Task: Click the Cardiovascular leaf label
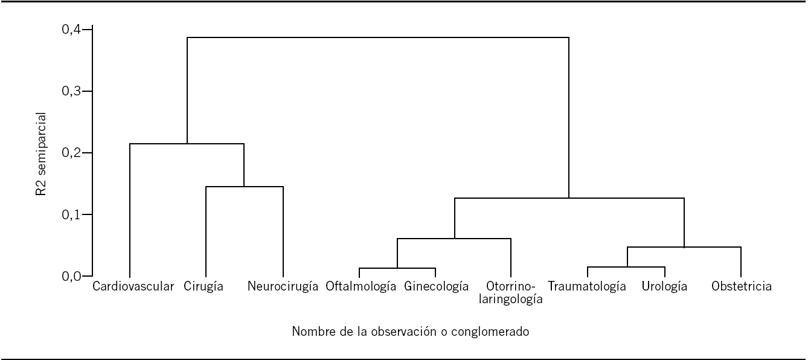(133, 287)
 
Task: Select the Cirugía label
(204, 287)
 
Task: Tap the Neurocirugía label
(283, 287)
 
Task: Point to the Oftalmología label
(361, 287)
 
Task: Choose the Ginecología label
(437, 287)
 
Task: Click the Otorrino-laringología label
(511, 292)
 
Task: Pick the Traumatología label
(587, 287)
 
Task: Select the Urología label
(664, 287)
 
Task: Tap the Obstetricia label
(741, 287)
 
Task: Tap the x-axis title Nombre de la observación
(411, 332)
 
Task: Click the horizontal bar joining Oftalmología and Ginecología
(397, 268)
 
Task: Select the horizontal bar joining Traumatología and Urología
(626, 266)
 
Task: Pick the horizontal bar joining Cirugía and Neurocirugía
(245, 187)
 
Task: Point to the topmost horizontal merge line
(377, 37)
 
